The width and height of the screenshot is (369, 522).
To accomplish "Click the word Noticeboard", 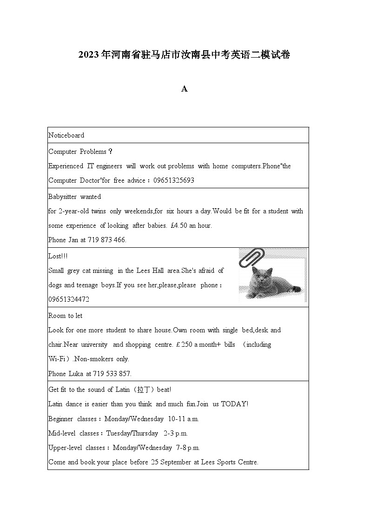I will coord(66,135).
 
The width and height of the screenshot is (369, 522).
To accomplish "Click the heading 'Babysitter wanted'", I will coord(74,197).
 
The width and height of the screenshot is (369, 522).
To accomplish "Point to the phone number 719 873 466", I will coord(106,240).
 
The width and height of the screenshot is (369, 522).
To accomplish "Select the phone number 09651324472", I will coord(69,299).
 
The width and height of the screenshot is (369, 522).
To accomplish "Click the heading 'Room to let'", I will coord(65,316).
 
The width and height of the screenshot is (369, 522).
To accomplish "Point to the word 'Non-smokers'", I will coord(92,359).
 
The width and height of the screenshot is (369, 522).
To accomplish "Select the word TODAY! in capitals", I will coord(235,404).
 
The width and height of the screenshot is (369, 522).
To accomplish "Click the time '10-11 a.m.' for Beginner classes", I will coord(184,418).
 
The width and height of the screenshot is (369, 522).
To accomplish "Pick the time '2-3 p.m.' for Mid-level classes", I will coord(176,433).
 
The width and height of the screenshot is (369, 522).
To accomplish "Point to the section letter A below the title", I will coord(184,89).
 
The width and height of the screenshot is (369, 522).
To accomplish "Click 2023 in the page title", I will coord(89,55).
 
